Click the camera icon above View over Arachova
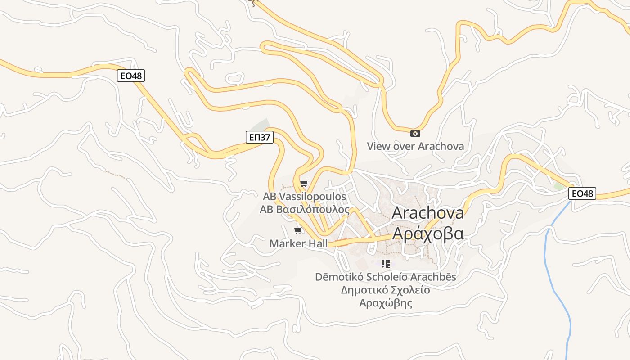tap(415, 133)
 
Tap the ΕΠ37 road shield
tap(260, 137)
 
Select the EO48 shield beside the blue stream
tap(582, 194)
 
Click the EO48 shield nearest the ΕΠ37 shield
tap(131, 76)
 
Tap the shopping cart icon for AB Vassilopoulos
tap(304, 183)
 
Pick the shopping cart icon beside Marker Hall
tap(298, 231)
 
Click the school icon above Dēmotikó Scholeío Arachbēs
tap(385, 263)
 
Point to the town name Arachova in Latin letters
tap(427, 213)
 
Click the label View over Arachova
tap(415, 146)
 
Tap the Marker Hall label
tap(298, 243)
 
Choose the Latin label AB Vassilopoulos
tap(304, 197)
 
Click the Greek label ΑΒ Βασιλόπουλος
tap(304, 209)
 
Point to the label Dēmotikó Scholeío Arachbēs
tap(386, 277)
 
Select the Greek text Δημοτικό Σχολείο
tap(386, 290)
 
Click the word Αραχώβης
tap(386, 303)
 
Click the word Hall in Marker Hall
tap(316, 243)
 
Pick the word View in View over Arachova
tap(378, 146)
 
